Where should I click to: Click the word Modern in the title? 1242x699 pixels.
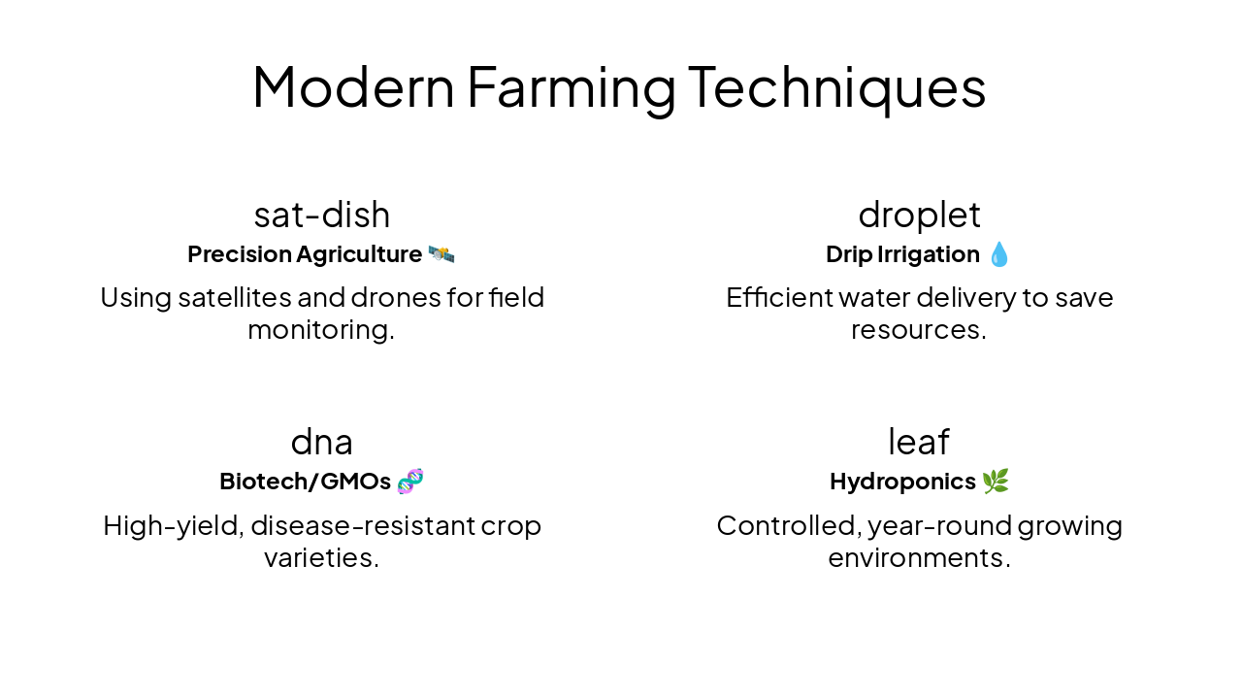(x=353, y=86)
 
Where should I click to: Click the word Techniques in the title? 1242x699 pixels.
(x=836, y=86)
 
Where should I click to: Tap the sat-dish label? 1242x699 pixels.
(x=322, y=215)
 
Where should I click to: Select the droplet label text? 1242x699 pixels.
(x=919, y=215)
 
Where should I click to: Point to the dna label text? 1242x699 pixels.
(x=322, y=442)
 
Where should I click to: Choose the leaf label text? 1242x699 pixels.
(x=919, y=442)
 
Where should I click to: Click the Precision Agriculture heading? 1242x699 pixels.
(x=305, y=254)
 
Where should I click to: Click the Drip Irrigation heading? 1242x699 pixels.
(x=902, y=254)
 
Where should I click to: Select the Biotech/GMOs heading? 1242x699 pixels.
(x=305, y=482)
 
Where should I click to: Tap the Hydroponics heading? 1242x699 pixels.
(x=902, y=482)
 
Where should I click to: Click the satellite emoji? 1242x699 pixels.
(x=441, y=254)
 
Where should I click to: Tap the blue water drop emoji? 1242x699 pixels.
(x=999, y=254)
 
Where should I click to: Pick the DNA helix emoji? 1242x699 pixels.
(x=410, y=482)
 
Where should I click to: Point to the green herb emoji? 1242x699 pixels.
(x=996, y=482)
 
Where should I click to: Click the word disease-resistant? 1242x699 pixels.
(x=376, y=525)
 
